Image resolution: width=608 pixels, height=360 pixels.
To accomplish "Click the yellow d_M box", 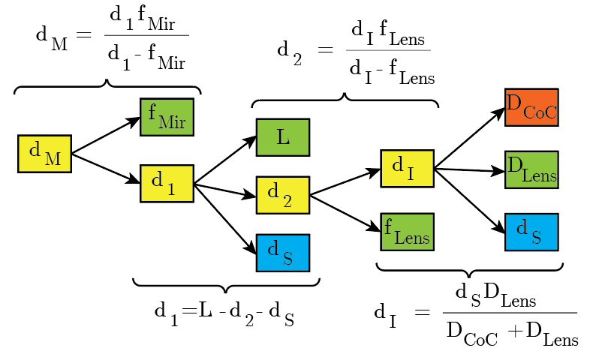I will (44, 154).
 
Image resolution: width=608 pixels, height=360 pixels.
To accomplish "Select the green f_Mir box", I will (167, 116).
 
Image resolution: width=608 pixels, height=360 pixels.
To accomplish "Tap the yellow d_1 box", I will (167, 183).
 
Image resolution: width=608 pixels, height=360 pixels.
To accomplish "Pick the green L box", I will (283, 137).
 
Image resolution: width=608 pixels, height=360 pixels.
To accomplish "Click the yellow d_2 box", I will (283, 195).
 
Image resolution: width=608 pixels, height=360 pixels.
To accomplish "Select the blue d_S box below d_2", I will (283, 253).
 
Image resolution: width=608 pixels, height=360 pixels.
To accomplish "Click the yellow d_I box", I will (408, 169).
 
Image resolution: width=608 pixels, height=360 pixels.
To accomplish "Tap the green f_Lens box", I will (408, 232).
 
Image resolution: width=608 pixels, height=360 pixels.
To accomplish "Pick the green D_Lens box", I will (531, 170).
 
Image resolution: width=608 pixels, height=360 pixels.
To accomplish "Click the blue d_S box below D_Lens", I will (531, 232).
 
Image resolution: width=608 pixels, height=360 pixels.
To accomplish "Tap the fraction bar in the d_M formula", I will (146, 35).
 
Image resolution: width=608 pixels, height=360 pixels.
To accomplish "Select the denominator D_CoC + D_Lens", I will (511, 331).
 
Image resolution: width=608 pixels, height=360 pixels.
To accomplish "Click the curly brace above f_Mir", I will (107, 86).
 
